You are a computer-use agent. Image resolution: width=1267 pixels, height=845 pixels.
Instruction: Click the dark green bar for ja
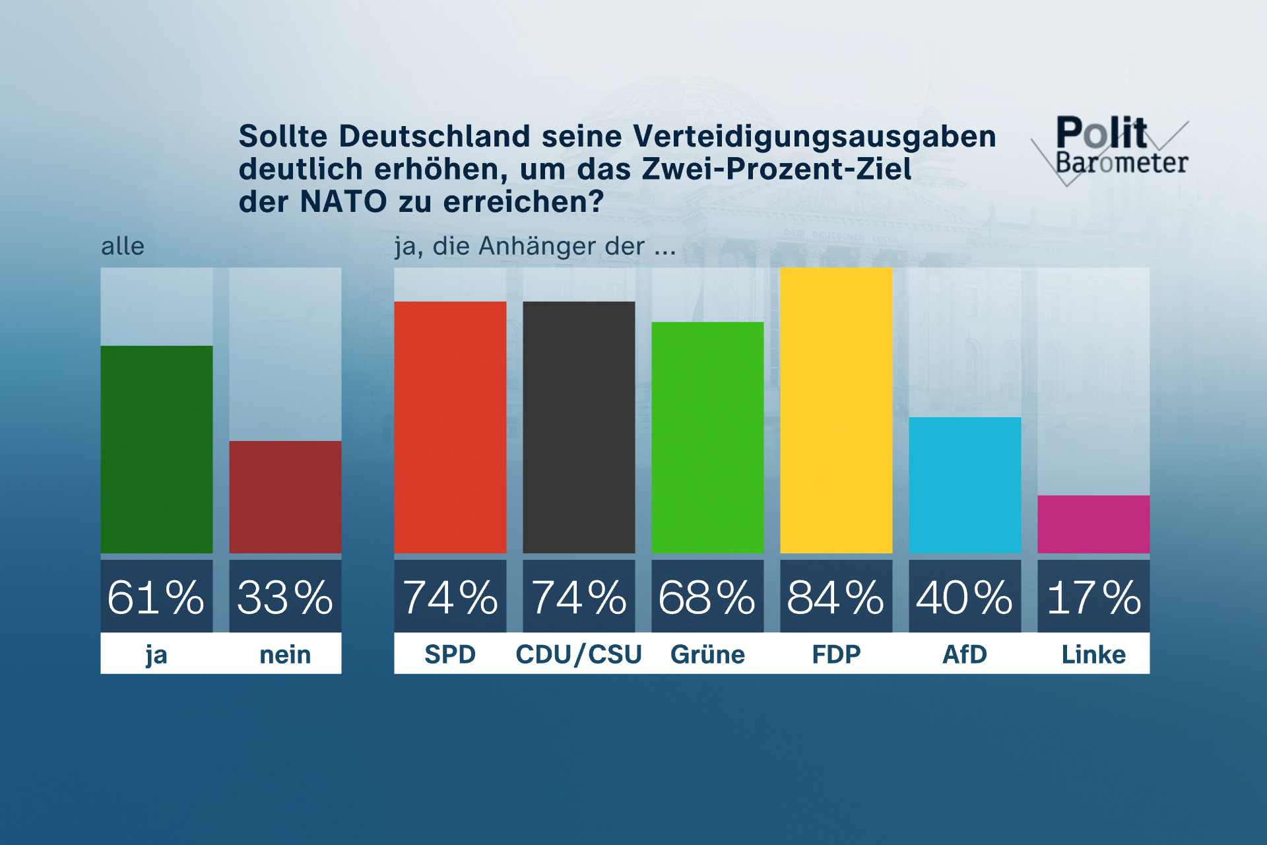pyautogui.click(x=156, y=449)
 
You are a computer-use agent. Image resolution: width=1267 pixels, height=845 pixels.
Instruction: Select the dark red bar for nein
pyautogui.click(x=285, y=496)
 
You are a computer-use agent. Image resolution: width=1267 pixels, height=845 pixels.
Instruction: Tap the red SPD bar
pyautogui.click(x=450, y=427)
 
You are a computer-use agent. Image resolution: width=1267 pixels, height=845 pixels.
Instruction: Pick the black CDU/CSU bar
pyautogui.click(x=579, y=427)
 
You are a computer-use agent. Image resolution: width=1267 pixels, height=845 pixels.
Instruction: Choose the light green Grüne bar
pyautogui.click(x=707, y=437)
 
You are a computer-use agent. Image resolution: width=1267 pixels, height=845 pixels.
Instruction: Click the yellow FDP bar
pyautogui.click(x=836, y=410)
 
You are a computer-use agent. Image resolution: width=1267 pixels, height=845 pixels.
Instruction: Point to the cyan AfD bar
pyautogui.click(x=965, y=485)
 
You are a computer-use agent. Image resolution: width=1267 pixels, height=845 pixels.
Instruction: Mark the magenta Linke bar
pyautogui.click(x=1093, y=524)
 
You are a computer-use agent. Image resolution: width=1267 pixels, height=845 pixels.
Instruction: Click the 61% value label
pyautogui.click(x=156, y=597)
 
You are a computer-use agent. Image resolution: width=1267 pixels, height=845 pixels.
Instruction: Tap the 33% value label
pyautogui.click(x=285, y=597)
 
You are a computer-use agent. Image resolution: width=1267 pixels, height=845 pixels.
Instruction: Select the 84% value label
pyautogui.click(x=836, y=597)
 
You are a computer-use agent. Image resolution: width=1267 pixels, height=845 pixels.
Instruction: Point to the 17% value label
pyautogui.click(x=1093, y=597)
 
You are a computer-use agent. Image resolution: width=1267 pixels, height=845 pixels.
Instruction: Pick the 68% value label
pyautogui.click(x=707, y=597)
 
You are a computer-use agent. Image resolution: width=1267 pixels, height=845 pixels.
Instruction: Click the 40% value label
pyautogui.click(x=965, y=597)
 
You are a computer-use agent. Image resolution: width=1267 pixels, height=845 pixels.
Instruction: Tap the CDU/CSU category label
pyautogui.click(x=579, y=654)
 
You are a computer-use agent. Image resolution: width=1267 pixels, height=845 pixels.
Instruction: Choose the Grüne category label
pyautogui.click(x=707, y=654)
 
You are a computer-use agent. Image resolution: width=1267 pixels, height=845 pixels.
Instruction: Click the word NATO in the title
pyautogui.click(x=343, y=201)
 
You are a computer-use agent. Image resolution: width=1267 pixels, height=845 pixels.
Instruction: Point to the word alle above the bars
pyautogui.click(x=123, y=246)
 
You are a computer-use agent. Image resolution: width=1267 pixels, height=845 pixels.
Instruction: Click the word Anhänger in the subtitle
pyautogui.click(x=537, y=246)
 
